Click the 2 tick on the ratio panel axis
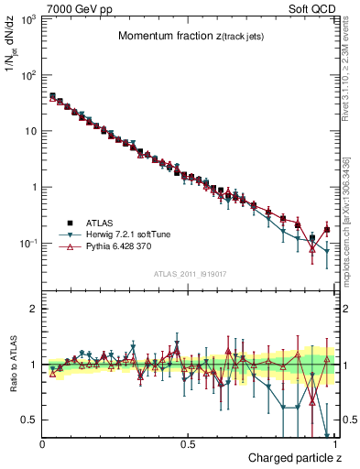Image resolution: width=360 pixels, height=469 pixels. [32, 309]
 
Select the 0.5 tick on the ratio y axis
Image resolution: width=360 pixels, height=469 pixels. [28, 420]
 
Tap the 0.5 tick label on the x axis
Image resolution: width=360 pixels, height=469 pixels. [187, 444]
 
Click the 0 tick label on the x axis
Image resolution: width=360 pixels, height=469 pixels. [42, 444]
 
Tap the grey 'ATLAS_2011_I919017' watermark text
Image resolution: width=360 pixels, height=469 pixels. [188, 274]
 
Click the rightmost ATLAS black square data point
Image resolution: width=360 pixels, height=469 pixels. [327, 230]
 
